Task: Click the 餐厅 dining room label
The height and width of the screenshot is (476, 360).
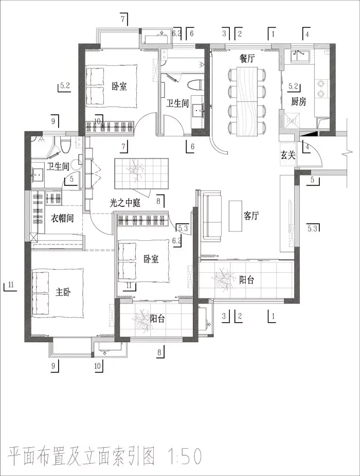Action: (246, 59)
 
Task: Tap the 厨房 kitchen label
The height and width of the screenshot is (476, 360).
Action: (298, 102)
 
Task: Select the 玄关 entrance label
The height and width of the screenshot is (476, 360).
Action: (287, 155)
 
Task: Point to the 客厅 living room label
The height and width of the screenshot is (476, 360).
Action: (251, 216)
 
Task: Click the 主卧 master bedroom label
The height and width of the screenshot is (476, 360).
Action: (63, 292)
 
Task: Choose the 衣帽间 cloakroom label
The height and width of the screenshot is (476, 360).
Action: (62, 218)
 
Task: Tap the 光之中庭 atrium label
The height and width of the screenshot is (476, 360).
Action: (125, 203)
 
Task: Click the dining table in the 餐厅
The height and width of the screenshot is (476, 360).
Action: (247, 100)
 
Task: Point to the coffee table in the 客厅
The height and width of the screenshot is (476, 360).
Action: (236, 216)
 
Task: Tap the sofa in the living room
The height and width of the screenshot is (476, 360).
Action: (211, 216)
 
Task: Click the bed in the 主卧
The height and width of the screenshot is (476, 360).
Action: (58, 292)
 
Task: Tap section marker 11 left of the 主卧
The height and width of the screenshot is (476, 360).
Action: (10, 286)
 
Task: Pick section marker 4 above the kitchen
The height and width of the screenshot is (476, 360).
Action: (307, 33)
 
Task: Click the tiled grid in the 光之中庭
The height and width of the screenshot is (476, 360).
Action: (141, 173)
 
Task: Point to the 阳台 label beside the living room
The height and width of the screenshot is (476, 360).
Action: (246, 279)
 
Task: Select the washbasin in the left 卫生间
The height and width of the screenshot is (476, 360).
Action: (38, 175)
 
